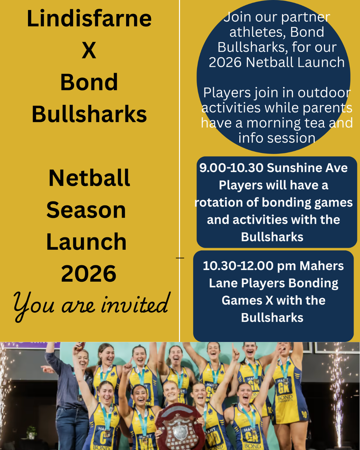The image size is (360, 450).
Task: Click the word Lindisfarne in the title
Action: [89, 18]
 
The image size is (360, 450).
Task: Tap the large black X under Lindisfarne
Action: [89, 50]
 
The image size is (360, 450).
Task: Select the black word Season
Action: [86, 210]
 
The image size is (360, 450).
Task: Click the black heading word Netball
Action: [89, 178]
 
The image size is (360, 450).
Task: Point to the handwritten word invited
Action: [135, 304]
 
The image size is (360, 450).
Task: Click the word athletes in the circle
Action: [258, 32]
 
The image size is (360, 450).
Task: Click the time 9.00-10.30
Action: [231, 168]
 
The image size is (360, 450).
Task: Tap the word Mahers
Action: [322, 266]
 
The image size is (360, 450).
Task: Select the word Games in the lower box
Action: [242, 300]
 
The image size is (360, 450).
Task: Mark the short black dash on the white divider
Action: [180, 258]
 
